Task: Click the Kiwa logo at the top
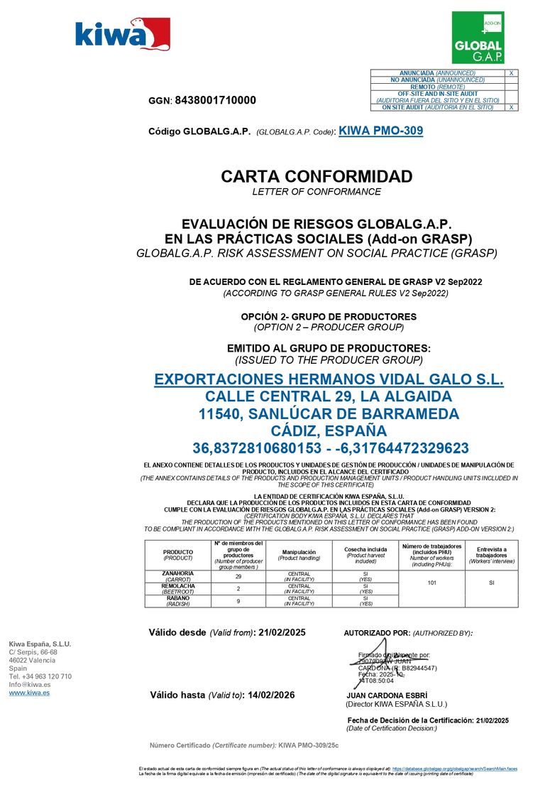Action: click(x=123, y=35)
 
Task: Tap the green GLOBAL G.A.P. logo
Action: click(x=478, y=38)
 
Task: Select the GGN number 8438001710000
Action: click(x=215, y=101)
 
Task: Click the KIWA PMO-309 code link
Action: click(x=381, y=131)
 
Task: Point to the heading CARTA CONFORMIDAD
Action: click(x=316, y=176)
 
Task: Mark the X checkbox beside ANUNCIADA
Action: click(x=511, y=73)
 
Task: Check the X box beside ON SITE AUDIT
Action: click(x=511, y=107)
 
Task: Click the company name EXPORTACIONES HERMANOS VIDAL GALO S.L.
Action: click(x=329, y=380)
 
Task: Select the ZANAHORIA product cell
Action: click(x=177, y=575)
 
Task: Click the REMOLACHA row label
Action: click(x=177, y=588)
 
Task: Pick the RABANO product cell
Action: click(x=177, y=601)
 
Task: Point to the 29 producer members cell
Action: click(x=238, y=576)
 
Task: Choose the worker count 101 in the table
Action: click(x=431, y=582)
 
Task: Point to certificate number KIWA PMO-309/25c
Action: click(x=309, y=745)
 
